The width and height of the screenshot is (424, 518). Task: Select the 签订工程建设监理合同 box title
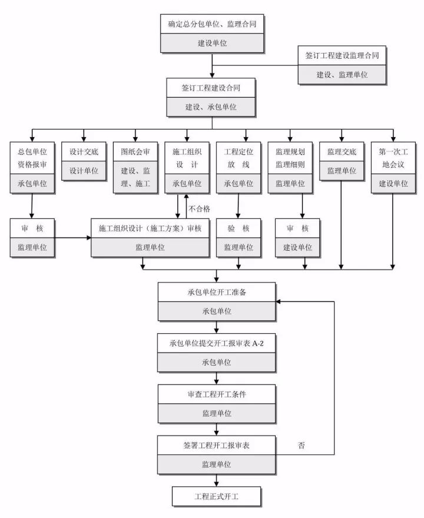click(x=342, y=55)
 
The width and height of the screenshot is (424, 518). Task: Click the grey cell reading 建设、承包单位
click(x=211, y=107)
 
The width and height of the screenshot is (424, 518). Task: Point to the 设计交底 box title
click(x=84, y=151)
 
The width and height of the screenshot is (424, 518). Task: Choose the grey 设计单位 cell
click(x=84, y=171)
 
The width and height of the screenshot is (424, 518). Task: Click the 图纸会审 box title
click(x=135, y=151)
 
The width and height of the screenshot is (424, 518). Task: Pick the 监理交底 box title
click(x=342, y=151)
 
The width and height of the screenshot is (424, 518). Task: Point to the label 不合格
click(x=199, y=208)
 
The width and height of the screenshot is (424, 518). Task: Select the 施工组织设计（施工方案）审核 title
click(x=150, y=228)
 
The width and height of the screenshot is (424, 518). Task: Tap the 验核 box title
click(x=238, y=228)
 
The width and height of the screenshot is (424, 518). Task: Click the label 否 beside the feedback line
click(x=302, y=446)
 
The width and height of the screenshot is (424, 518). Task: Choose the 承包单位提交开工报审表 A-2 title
click(x=216, y=343)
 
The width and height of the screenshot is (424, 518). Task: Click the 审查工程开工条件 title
click(x=216, y=394)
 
